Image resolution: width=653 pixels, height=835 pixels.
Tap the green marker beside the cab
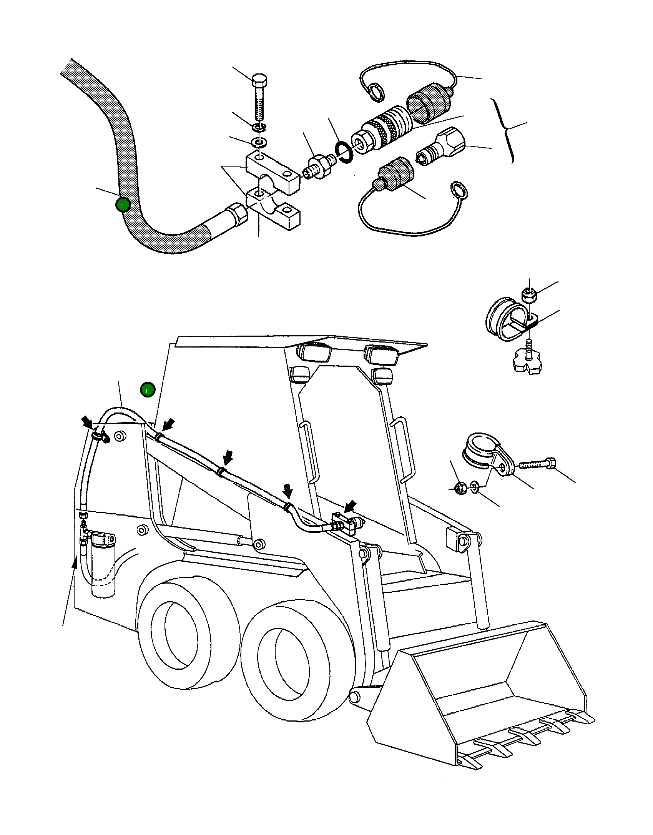pyautogui.click(x=147, y=390)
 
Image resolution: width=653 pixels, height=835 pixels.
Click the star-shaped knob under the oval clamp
pyautogui.click(x=529, y=362)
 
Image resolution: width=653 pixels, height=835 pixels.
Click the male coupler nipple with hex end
pyautogui.click(x=440, y=146)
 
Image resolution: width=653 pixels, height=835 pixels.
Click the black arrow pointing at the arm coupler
pyautogui.click(x=350, y=507)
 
